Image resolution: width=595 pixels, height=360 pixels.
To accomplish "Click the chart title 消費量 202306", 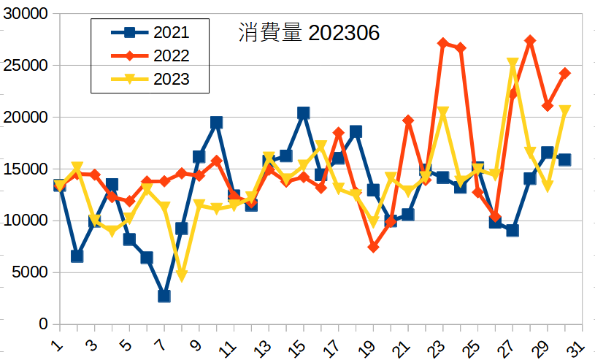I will click(x=309, y=33).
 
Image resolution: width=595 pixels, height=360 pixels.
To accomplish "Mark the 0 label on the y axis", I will click(x=43, y=324).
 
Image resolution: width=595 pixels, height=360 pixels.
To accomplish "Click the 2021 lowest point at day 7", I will click(x=164, y=296).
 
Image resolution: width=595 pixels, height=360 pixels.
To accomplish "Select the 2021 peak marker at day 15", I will click(x=304, y=112).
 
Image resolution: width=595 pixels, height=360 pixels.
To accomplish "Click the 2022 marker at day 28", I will click(x=530, y=41).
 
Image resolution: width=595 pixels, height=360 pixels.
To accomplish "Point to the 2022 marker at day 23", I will click(x=443, y=43).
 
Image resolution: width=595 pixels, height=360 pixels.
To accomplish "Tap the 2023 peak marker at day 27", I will click(x=513, y=64).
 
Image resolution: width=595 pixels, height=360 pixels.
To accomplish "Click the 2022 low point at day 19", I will click(x=373, y=248).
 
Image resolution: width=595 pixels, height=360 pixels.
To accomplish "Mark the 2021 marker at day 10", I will click(x=216, y=123).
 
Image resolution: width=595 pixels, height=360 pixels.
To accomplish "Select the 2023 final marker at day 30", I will click(x=564, y=111).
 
